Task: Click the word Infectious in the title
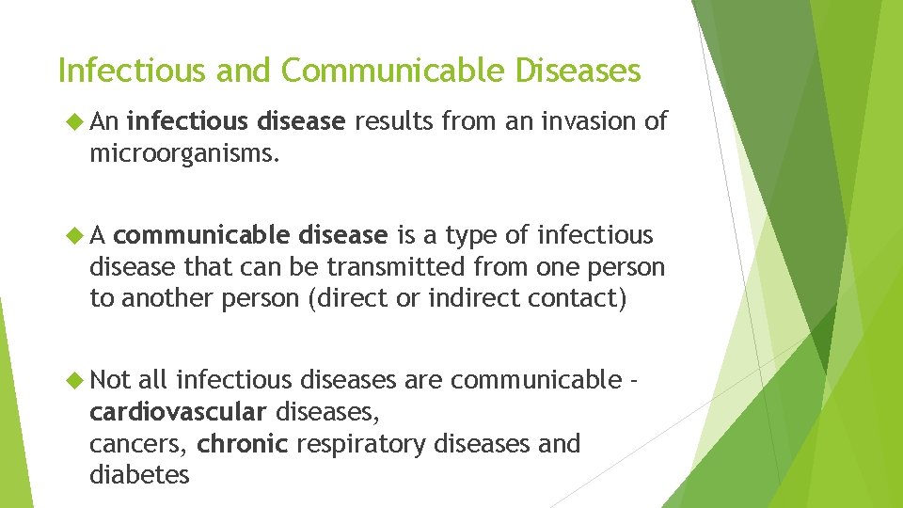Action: pos(118,71)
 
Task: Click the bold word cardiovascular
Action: pos(178,412)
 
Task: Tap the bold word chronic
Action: pos(242,443)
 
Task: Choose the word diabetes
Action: pos(139,475)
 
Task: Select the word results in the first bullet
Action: pos(394,121)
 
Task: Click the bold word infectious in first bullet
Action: pos(185,121)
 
